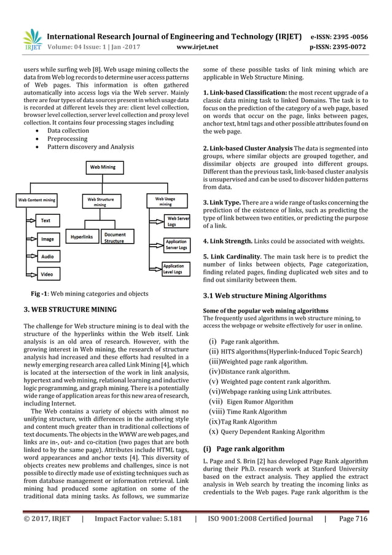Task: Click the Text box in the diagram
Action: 46,220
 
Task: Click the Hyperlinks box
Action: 81,236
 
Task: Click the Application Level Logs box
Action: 173,269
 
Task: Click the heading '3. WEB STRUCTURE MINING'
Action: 66,309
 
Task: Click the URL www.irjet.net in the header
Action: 195,46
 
